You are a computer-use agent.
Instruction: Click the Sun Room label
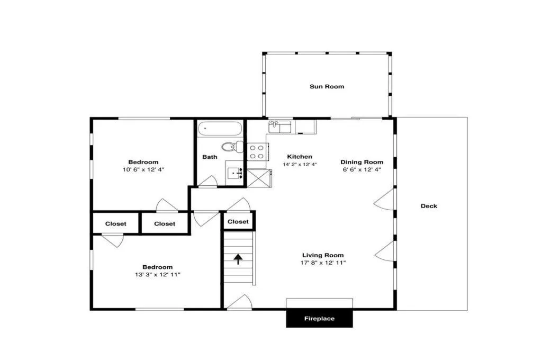[327, 86]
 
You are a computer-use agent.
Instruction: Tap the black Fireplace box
[319, 319]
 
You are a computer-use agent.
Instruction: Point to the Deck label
[429, 206]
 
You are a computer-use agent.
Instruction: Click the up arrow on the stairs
[238, 259]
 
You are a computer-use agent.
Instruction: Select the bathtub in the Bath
[220, 129]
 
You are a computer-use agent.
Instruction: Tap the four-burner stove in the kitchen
[257, 152]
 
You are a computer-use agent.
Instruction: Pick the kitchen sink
[280, 127]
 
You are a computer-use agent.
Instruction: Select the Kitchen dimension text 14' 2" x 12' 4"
[300, 165]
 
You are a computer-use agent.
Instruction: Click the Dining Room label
[362, 162]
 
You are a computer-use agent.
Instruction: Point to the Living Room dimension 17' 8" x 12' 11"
[323, 263]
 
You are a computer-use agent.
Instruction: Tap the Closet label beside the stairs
[238, 221]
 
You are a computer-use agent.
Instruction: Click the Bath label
[210, 157]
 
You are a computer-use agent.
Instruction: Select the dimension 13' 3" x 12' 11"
[158, 275]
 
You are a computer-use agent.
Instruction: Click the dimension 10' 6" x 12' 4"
[143, 169]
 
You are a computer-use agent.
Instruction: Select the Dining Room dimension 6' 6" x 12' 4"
[362, 169]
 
